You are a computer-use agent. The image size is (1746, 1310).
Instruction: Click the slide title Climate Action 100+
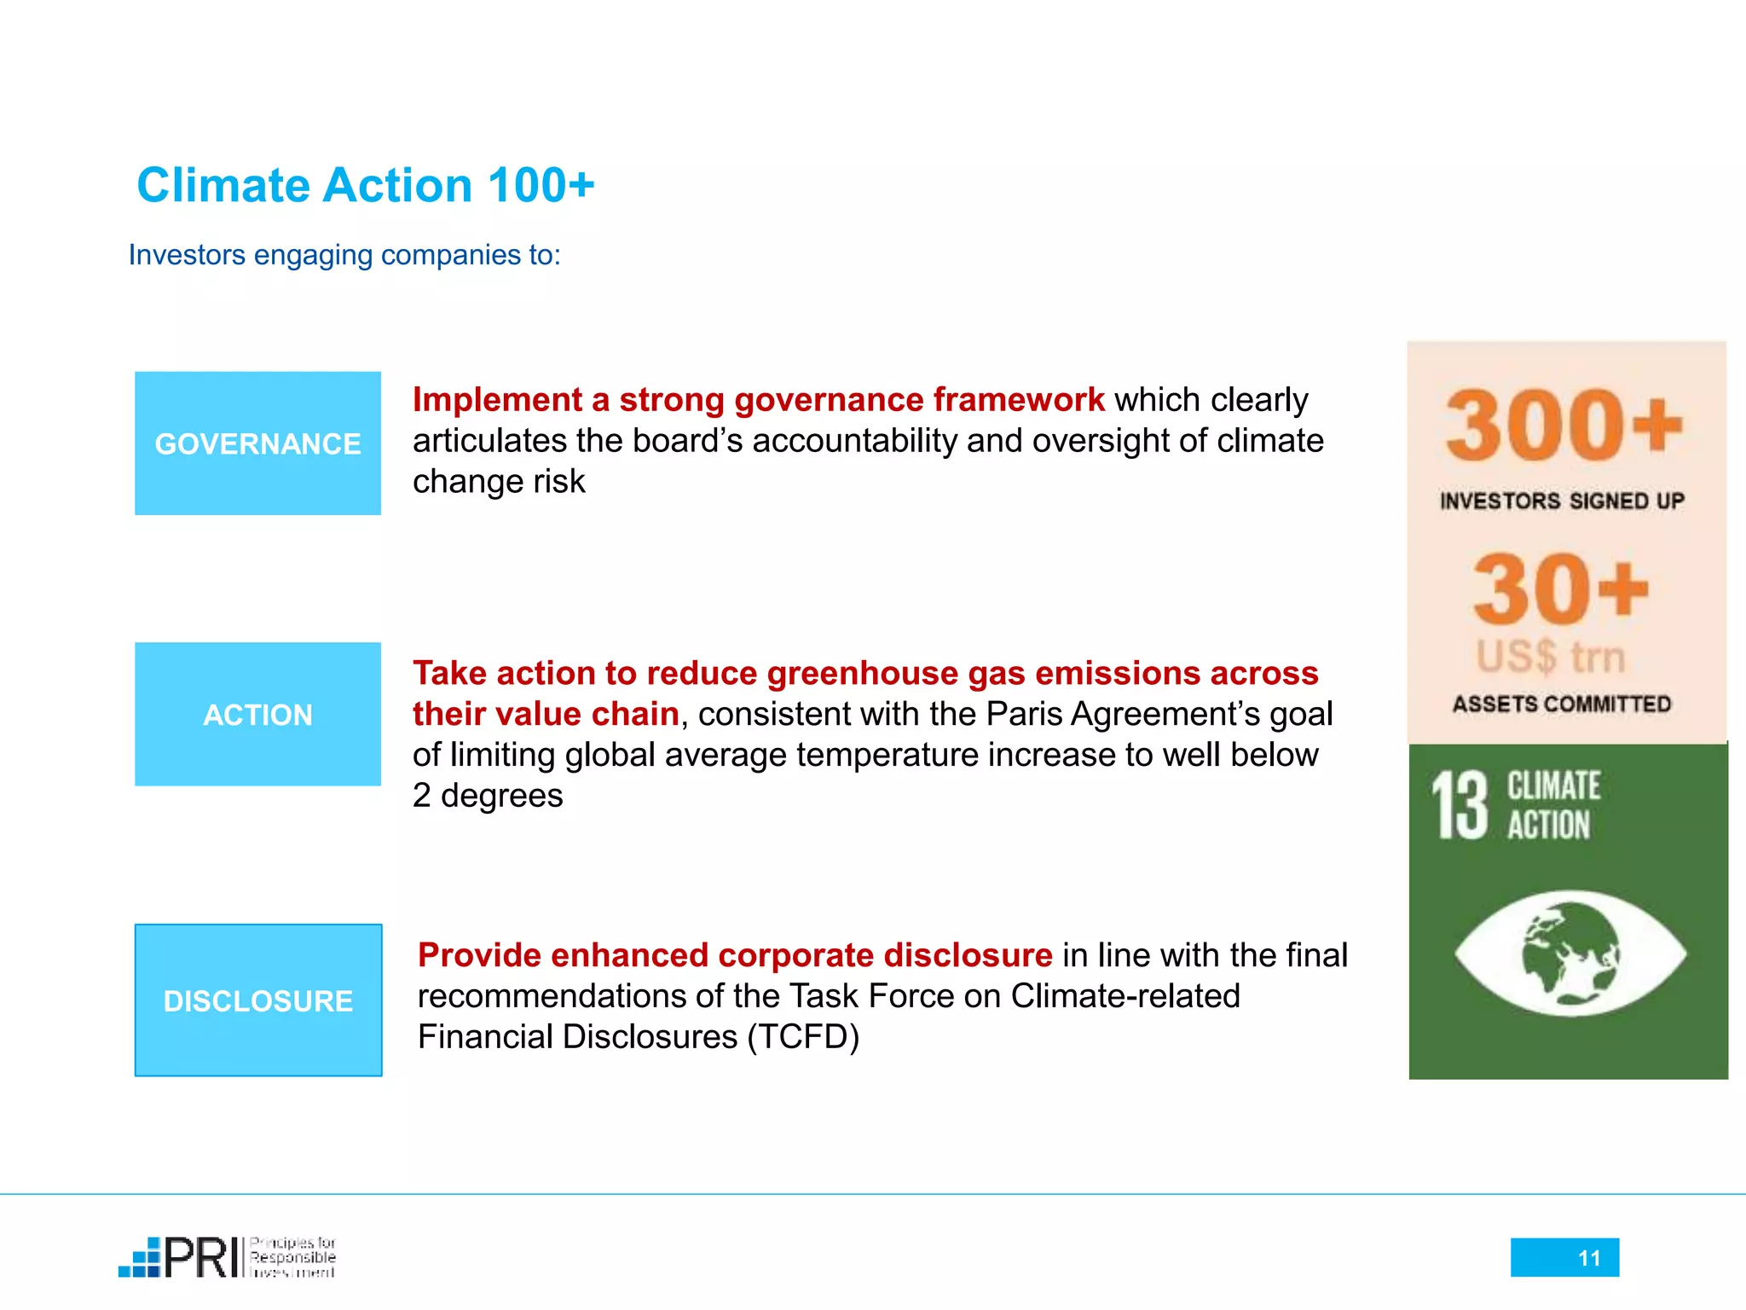tap(365, 185)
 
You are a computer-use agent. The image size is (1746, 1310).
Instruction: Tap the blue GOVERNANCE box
tap(257, 443)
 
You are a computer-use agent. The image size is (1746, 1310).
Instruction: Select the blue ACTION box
tap(257, 715)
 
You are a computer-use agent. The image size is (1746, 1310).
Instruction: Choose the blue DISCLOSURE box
tap(257, 1000)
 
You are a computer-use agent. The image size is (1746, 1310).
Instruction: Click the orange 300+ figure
tap(1564, 424)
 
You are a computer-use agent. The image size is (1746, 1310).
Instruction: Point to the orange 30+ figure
tap(1560, 588)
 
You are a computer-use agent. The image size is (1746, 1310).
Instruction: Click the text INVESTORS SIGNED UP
tap(1562, 501)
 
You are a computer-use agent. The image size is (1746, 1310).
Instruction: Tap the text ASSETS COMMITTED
tap(1562, 704)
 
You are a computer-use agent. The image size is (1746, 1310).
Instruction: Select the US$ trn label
tap(1552, 657)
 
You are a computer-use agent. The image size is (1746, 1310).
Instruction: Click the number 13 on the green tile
tap(1460, 805)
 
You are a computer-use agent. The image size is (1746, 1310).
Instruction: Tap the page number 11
tap(1588, 1258)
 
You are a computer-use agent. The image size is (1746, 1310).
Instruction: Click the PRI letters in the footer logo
tap(202, 1257)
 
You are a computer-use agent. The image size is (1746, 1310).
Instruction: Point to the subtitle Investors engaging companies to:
tap(344, 255)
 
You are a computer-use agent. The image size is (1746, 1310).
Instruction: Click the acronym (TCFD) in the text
tap(803, 1037)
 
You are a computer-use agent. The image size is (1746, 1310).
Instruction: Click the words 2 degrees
tap(488, 796)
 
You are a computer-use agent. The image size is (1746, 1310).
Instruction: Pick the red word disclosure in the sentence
tap(968, 955)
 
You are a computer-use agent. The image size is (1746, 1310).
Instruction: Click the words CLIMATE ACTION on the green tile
tap(1552, 805)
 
